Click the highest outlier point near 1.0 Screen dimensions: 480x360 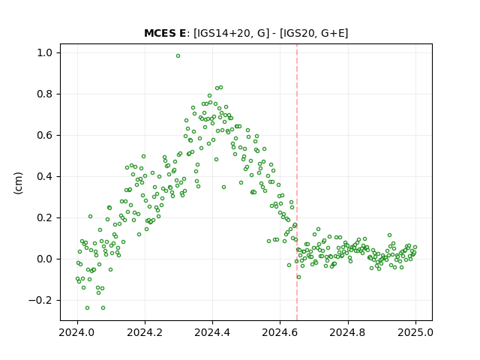tap(178, 56)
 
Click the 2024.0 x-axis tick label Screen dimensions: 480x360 tap(77, 332)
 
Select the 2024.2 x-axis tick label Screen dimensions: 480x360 tap(145, 332)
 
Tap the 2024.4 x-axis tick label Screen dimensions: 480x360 tap(212, 332)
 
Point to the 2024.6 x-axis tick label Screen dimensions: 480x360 tap(280, 332)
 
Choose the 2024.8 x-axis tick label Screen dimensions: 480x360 tap(348, 332)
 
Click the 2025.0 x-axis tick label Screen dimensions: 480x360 tap(415, 332)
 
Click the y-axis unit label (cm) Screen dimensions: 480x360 tap(18, 183)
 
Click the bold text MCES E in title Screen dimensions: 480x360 tap(165, 33)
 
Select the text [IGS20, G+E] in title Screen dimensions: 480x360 tap(314, 33)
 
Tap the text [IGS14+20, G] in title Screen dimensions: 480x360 tap(232, 33)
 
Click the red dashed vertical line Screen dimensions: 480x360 tap(297, 182)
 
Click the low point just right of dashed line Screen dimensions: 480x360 tap(298, 277)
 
